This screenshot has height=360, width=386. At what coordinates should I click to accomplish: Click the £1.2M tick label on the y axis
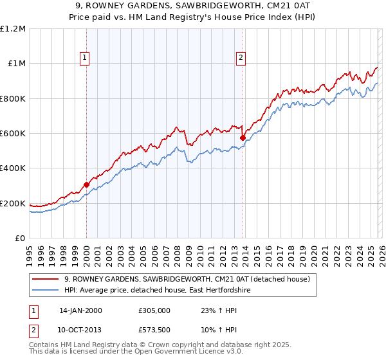pos(13,29)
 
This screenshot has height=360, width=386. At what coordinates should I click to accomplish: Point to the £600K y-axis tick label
pos(13,134)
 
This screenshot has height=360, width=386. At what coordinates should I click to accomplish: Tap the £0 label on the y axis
pos(19,239)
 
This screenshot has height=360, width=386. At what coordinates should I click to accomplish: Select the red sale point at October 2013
pos(243,138)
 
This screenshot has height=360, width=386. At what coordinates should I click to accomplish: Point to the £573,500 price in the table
pos(154,329)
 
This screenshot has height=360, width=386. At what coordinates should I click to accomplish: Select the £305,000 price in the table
pos(154,310)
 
